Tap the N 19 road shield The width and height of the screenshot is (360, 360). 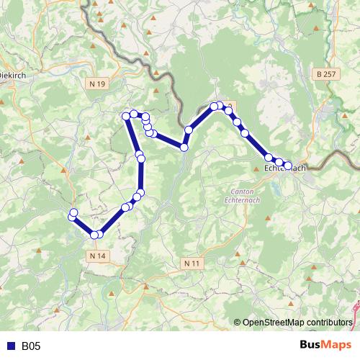coord(99,84)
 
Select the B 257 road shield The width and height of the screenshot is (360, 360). coord(326,74)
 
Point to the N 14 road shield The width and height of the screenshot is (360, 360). coord(99,256)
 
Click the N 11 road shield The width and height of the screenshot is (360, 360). coord(192,264)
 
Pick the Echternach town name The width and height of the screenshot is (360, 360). coord(286,168)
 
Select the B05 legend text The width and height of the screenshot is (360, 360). coord(31,346)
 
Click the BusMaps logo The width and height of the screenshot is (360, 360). coord(325,346)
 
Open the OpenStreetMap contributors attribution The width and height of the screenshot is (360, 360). coord(297,322)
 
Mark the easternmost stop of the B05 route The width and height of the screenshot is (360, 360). coord(288,166)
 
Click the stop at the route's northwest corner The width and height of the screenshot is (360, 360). coord(126,115)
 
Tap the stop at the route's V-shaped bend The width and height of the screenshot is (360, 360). coord(184,147)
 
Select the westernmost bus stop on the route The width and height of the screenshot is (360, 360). coord(72,216)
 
